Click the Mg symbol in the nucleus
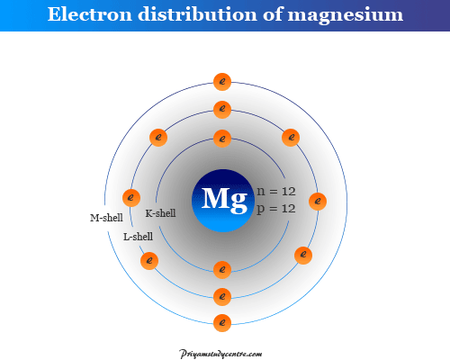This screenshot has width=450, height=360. pyautogui.click(x=224, y=199)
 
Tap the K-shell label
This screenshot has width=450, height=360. pyautogui.click(x=160, y=213)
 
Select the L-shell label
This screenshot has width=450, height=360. pyautogui.click(x=138, y=237)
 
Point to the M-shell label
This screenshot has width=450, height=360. pyautogui.click(x=106, y=218)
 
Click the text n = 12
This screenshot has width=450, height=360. pyautogui.click(x=276, y=192)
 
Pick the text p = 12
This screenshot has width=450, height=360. pyautogui.click(x=276, y=209)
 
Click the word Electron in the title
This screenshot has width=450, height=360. pyautogui.click(x=90, y=14)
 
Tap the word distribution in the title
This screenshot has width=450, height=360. pyautogui.click(x=198, y=14)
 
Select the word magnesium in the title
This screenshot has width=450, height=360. pyautogui.click(x=346, y=15)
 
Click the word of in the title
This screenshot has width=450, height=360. pyautogui.click(x=273, y=13)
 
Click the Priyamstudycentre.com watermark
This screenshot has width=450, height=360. pyautogui.click(x=220, y=354)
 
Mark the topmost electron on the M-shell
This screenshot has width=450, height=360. pyautogui.click(x=222, y=82)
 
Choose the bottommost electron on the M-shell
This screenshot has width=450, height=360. pyautogui.click(x=222, y=323)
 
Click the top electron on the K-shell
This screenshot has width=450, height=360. pyautogui.click(x=222, y=139)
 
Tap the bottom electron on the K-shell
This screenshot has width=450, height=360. pyautogui.click(x=222, y=269)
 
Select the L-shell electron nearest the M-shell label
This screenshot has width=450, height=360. pyautogui.click(x=131, y=198)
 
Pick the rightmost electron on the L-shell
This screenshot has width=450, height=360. pyautogui.click(x=318, y=201)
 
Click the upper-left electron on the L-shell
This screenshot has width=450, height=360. pyautogui.click(x=158, y=138)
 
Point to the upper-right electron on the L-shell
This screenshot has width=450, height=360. pyautogui.click(x=291, y=138)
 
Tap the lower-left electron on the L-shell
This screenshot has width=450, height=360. pyautogui.click(x=149, y=261)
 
